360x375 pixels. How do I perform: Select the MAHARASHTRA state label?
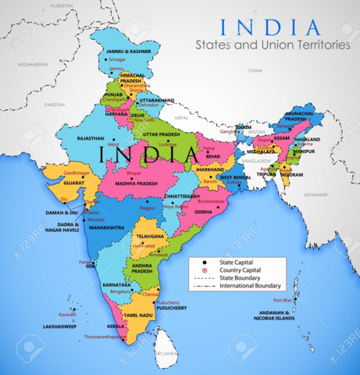[x=107, y=227]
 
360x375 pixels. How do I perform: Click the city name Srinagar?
[x=117, y=59]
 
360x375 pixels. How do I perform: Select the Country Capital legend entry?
[x=240, y=270]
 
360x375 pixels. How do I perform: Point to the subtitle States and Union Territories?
[x=273, y=45]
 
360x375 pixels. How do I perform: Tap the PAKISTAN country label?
[x=55, y=104]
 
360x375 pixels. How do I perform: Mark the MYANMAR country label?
[x=316, y=194]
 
